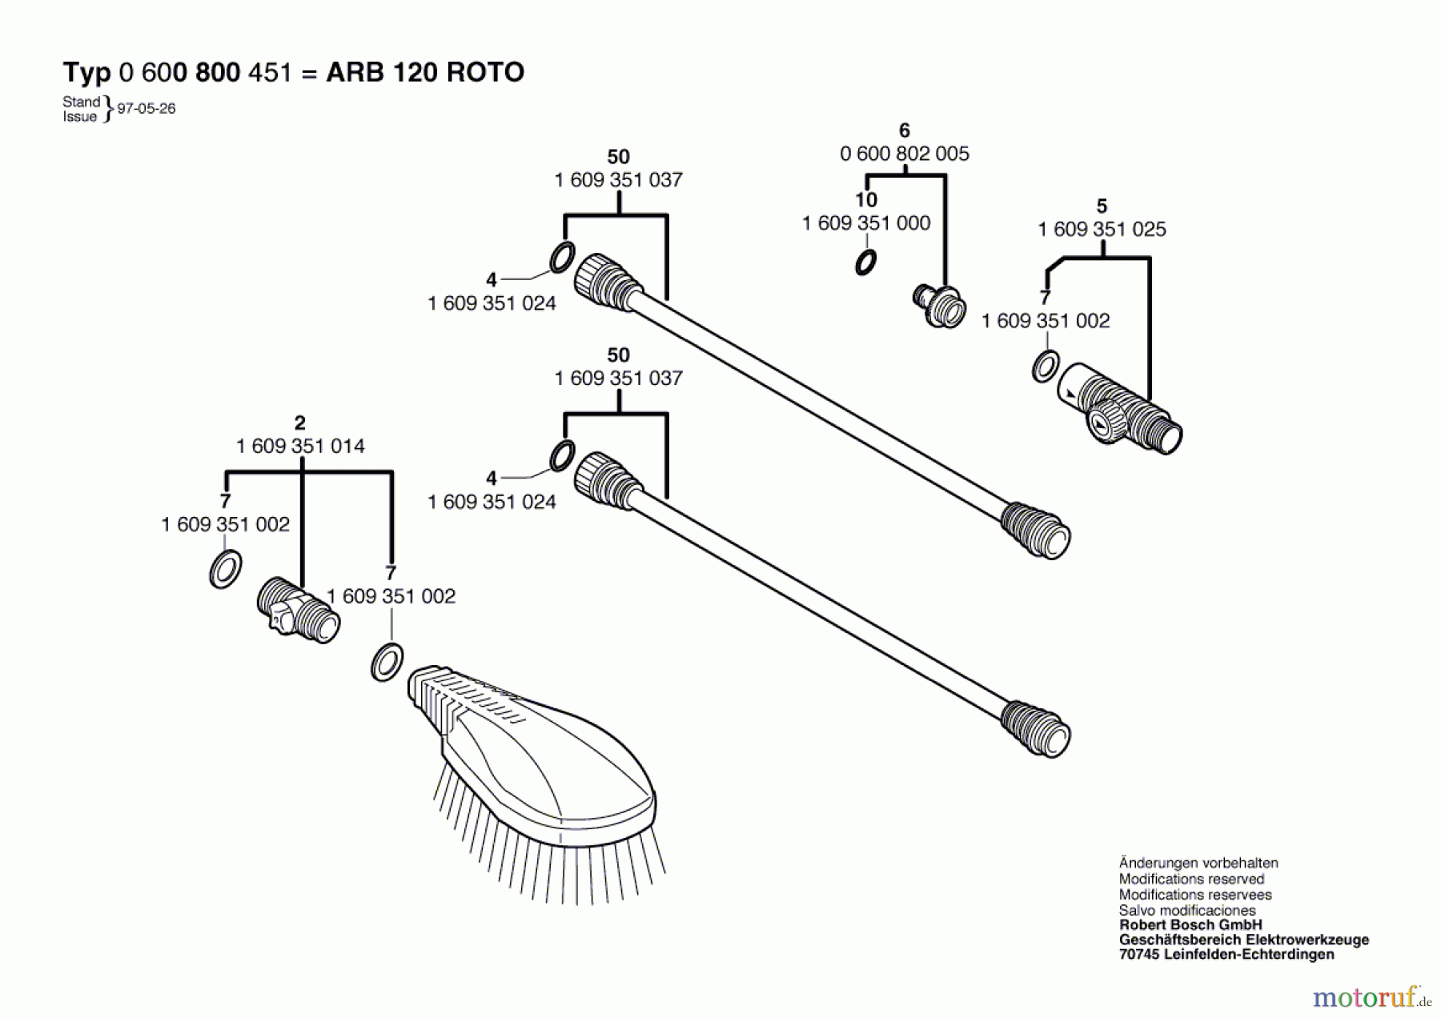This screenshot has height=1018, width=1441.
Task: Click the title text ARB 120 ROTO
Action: coord(425,72)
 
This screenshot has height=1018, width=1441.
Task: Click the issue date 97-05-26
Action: coord(147,108)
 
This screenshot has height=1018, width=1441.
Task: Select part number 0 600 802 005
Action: coord(905,153)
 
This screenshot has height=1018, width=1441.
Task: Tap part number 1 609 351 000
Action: coord(866,222)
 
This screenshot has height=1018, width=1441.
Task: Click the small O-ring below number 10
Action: coord(865,263)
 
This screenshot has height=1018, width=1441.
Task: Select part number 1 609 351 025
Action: coord(1102,229)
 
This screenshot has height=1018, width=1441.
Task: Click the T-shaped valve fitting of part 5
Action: coord(1121,409)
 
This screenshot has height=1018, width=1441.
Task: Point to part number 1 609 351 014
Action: coord(300,446)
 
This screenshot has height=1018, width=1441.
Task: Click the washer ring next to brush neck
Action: coord(387,662)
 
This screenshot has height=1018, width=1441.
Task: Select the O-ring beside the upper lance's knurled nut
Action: coord(562,257)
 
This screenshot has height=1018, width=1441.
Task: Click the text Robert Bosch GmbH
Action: coord(1190,924)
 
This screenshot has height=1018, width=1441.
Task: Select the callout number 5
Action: coord(1102,206)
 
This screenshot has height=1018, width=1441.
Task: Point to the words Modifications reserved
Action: coord(1191,879)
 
